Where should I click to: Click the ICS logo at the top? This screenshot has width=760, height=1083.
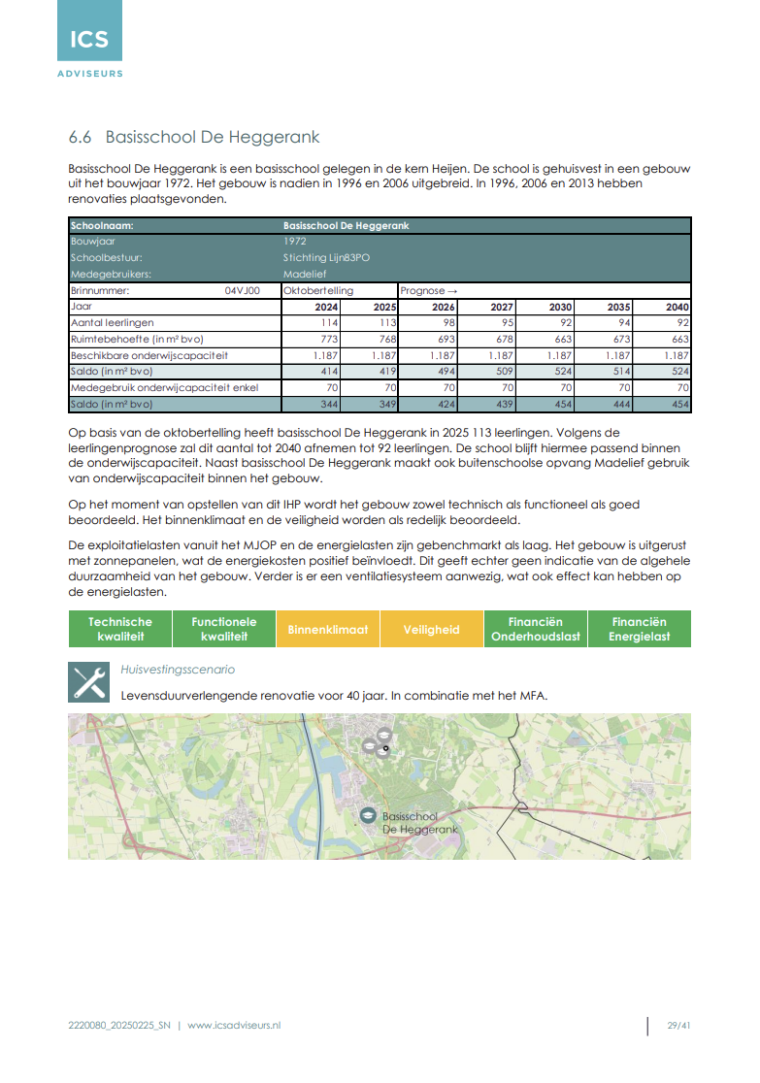[89, 39]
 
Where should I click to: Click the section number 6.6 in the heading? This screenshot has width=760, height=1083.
[82, 137]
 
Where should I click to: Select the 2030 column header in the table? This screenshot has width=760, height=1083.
[560, 307]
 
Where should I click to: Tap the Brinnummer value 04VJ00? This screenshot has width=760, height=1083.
[243, 290]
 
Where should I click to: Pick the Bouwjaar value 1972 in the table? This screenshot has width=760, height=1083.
[295, 241]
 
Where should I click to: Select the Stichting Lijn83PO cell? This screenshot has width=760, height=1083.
[326, 257]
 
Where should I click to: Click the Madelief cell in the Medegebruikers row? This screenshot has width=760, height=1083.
[305, 274]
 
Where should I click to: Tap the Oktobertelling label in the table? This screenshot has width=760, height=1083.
[318, 290]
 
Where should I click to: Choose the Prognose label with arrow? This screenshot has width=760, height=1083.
[428, 290]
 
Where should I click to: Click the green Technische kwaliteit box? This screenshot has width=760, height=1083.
[120, 629]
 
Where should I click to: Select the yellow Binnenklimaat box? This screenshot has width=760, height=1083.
[328, 629]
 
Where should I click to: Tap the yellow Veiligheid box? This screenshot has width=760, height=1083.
[432, 629]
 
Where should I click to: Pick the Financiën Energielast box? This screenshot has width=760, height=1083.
[639, 629]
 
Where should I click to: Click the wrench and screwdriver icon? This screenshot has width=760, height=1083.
[88, 682]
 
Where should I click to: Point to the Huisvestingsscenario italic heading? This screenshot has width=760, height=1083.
[178, 670]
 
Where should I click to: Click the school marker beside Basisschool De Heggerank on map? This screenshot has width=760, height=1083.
[368, 816]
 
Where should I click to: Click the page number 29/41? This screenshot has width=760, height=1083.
[678, 1026]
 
